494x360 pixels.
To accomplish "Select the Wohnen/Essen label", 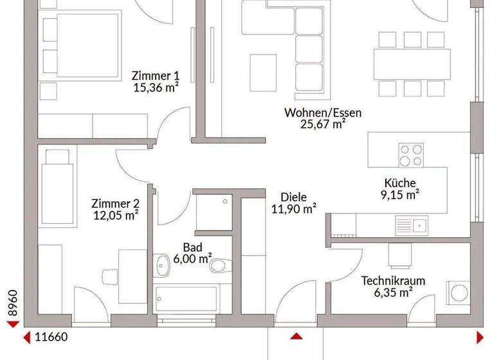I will click(322, 113).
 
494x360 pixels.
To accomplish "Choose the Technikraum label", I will click(387, 281).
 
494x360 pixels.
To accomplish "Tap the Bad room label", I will click(192, 247).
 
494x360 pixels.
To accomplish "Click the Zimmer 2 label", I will click(116, 204).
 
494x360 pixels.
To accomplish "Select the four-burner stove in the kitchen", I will click(411, 154).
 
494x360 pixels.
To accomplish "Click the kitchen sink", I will click(411, 224).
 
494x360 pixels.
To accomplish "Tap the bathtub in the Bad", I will click(187, 298).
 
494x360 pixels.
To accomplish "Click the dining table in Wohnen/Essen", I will click(412, 62).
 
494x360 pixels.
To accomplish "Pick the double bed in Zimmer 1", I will click(80, 45).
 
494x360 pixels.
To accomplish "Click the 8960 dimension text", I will click(10, 303).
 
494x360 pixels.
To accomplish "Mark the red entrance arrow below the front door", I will click(296, 336).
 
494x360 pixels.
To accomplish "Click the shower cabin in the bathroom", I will click(210, 212).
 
